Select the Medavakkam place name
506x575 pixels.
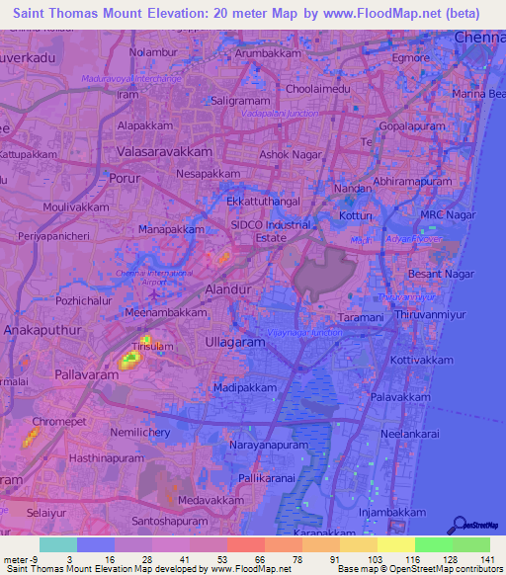click(x=206, y=501)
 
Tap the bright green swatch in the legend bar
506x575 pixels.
click(x=433, y=544)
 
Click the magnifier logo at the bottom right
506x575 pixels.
click(x=458, y=525)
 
